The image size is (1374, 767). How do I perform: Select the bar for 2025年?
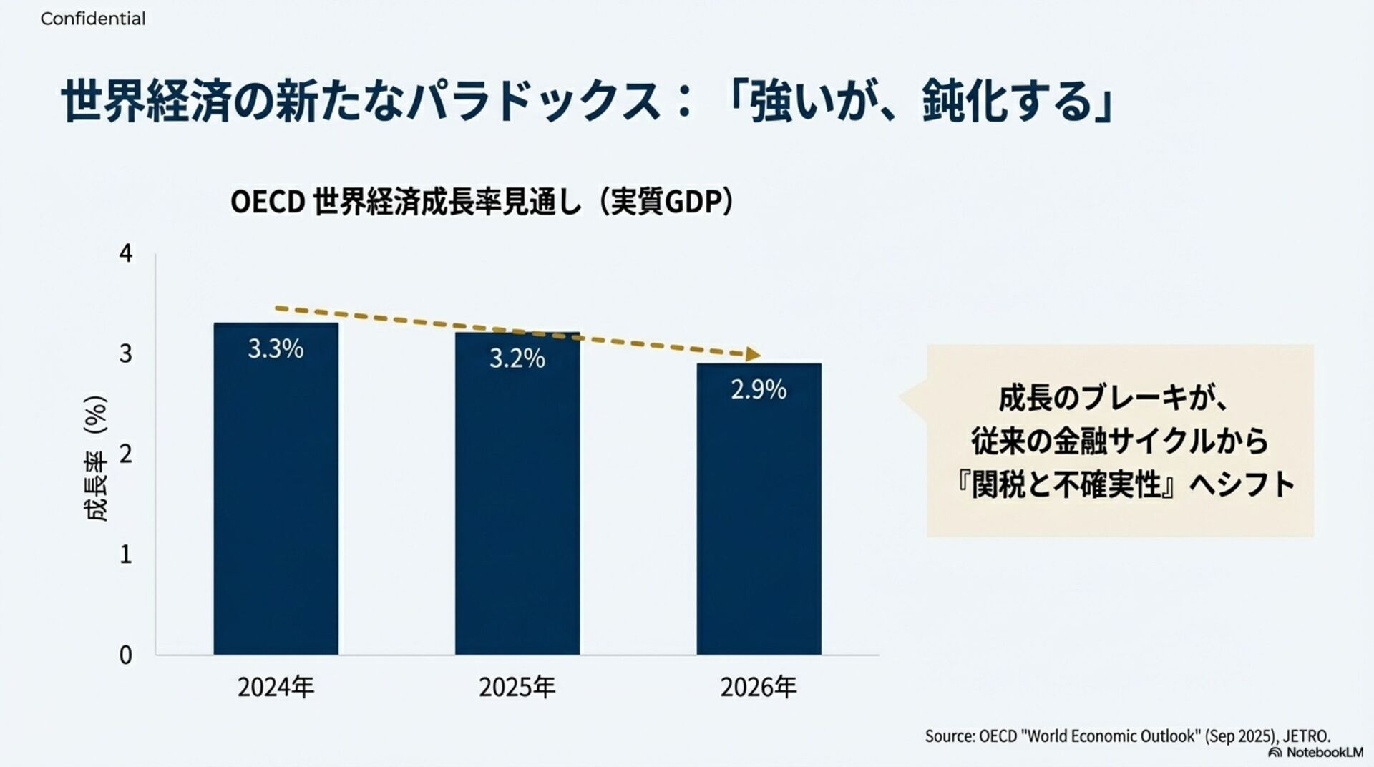[x=517, y=501]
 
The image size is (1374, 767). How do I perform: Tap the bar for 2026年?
[x=759, y=515]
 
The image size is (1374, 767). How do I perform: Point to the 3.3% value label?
[x=276, y=349]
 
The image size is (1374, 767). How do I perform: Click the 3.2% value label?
[x=517, y=358]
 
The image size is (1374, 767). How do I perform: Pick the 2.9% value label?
[x=759, y=390]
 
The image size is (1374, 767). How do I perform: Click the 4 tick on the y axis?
[x=126, y=253]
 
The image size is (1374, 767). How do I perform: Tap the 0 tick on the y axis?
[x=126, y=655]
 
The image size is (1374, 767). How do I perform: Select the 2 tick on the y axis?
[x=126, y=454]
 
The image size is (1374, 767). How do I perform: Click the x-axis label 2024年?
[x=276, y=688]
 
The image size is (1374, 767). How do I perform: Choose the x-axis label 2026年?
[x=759, y=688]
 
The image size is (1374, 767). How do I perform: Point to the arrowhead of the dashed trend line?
[x=752, y=354]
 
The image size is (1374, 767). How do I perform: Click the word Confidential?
[x=93, y=19]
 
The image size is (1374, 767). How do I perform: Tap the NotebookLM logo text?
[x=1324, y=753]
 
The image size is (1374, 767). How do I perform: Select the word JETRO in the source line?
[x=1306, y=736]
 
